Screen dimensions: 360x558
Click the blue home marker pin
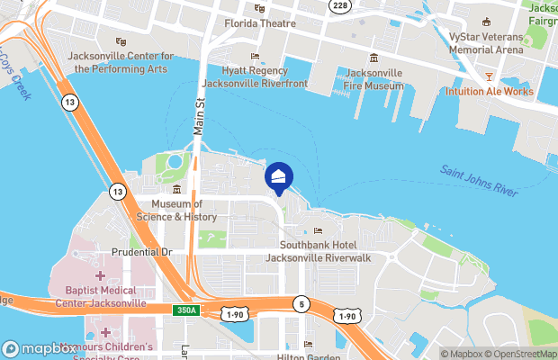pyautogui.click(x=279, y=177)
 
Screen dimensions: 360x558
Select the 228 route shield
pyautogui.click(x=338, y=5)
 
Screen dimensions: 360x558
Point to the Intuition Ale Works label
pyautogui.click(x=489, y=92)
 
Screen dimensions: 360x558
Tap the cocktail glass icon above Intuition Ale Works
pyautogui.click(x=489, y=76)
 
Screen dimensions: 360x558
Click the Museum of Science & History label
pyautogui.click(x=176, y=211)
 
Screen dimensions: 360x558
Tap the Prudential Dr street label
pyautogui.click(x=141, y=252)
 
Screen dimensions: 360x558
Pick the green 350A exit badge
pyautogui.click(x=186, y=310)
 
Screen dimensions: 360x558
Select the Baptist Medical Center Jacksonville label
pyautogui.click(x=99, y=297)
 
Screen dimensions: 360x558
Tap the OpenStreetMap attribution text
pyautogui.click(x=525, y=353)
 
